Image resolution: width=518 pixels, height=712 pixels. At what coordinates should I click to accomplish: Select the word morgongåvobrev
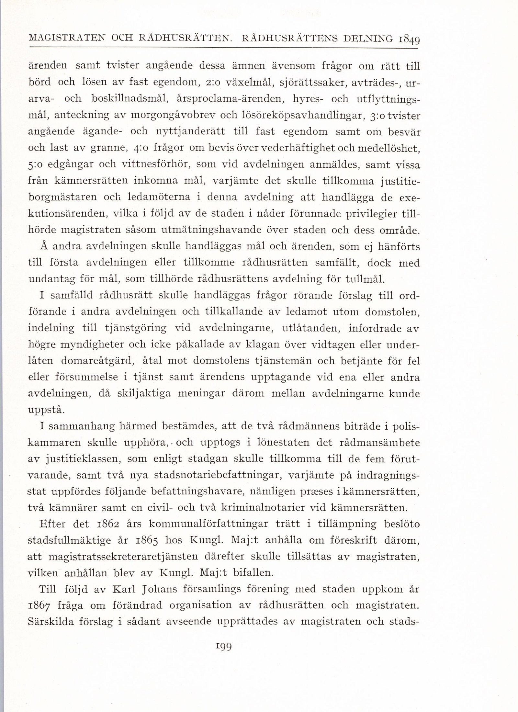(x=174, y=115)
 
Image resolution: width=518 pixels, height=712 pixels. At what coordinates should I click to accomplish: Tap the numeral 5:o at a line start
(x=36, y=165)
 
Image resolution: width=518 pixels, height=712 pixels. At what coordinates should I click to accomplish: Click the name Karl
(x=123, y=590)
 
